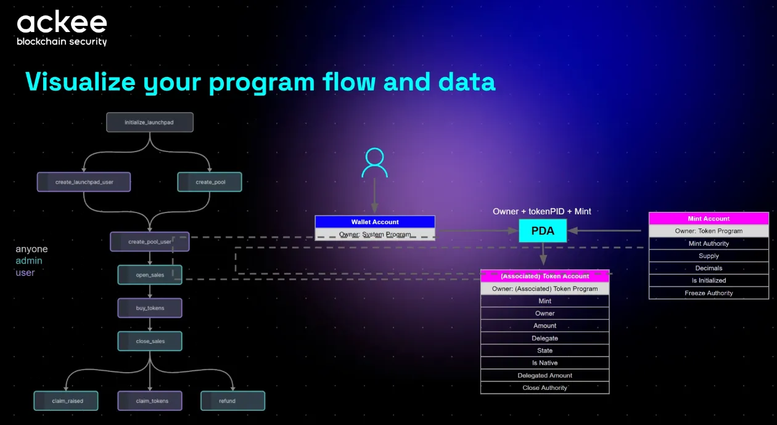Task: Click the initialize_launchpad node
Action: pyautogui.click(x=149, y=122)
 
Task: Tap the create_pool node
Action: pyautogui.click(x=210, y=182)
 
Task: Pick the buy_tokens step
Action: pyautogui.click(x=150, y=307)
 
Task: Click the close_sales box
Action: pyautogui.click(x=150, y=341)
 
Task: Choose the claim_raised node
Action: pyautogui.click(x=67, y=400)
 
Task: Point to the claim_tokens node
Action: pyautogui.click(x=150, y=400)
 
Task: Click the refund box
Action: pyautogui.click(x=232, y=400)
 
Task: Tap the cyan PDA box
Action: pyautogui.click(x=542, y=231)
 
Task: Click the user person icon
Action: pyautogui.click(x=374, y=163)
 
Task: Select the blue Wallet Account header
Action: pyautogui.click(x=375, y=222)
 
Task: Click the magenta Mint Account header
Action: pyautogui.click(x=709, y=219)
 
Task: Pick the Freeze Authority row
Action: pyautogui.click(x=709, y=293)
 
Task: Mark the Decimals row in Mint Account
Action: pyautogui.click(x=709, y=268)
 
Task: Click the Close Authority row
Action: pyautogui.click(x=545, y=387)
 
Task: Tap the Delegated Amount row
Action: pyautogui.click(x=545, y=375)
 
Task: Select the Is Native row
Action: pyautogui.click(x=545, y=363)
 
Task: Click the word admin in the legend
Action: pyautogui.click(x=29, y=261)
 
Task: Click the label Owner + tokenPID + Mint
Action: pyautogui.click(x=541, y=211)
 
